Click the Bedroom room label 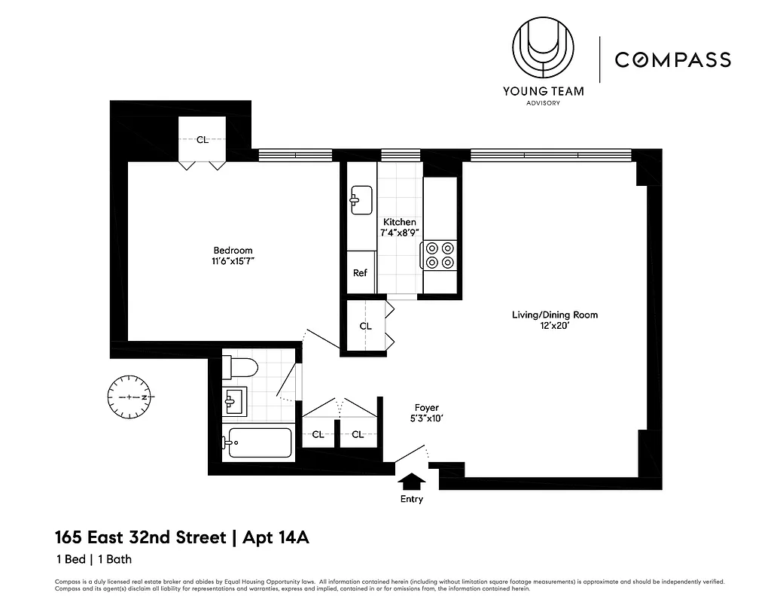click(x=233, y=251)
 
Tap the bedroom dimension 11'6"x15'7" click(x=233, y=262)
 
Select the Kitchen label click(x=399, y=222)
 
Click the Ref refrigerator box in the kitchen click(x=361, y=273)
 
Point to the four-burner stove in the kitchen click(x=440, y=254)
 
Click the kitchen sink click(x=359, y=200)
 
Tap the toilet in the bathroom click(x=242, y=367)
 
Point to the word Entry click(x=412, y=500)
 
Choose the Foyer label click(x=425, y=408)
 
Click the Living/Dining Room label click(x=555, y=315)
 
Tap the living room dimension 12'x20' click(x=555, y=326)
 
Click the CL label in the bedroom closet click(x=202, y=139)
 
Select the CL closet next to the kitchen click(x=365, y=327)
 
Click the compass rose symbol click(x=130, y=397)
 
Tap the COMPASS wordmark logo click(x=672, y=59)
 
